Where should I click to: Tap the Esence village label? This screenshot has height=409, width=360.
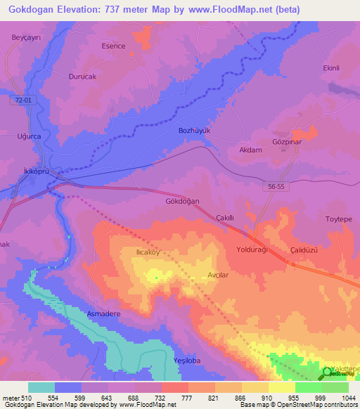113,46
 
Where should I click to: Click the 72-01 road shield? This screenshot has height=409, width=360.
23,101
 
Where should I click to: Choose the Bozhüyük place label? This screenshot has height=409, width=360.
195,131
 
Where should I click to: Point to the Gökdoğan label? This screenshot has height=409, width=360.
183,201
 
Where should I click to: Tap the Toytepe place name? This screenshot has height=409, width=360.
338,219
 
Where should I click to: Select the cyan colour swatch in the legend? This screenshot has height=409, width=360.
41,387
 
